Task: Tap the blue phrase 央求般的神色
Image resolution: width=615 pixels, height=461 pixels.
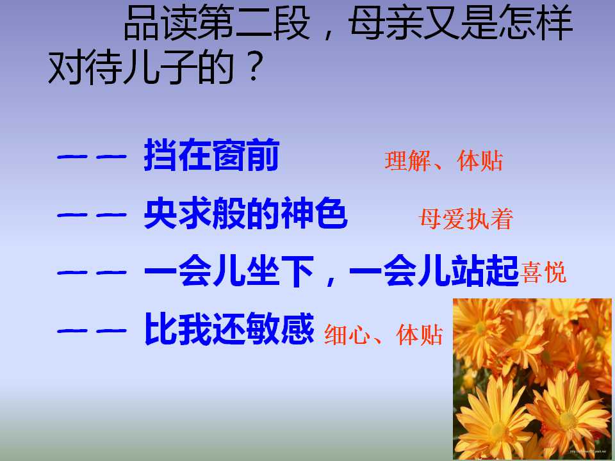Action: [x=245, y=214]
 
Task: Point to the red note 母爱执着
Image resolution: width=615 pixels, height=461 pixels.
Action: [x=466, y=220]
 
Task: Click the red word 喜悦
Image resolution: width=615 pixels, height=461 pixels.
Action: [x=544, y=273]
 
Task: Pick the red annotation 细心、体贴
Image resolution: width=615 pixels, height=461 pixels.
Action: [x=383, y=335]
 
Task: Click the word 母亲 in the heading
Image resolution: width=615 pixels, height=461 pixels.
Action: [x=390, y=26]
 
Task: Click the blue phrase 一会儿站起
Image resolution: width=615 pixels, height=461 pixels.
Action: [x=435, y=272]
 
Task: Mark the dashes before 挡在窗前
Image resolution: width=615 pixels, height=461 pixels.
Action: [x=90, y=158]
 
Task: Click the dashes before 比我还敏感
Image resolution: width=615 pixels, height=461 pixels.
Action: [x=90, y=330]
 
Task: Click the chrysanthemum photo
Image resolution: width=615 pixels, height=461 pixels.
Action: [x=532, y=378]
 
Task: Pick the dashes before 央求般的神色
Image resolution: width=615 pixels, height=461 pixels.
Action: [x=90, y=216]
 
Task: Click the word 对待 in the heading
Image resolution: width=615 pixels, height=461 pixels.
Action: [x=86, y=69]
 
